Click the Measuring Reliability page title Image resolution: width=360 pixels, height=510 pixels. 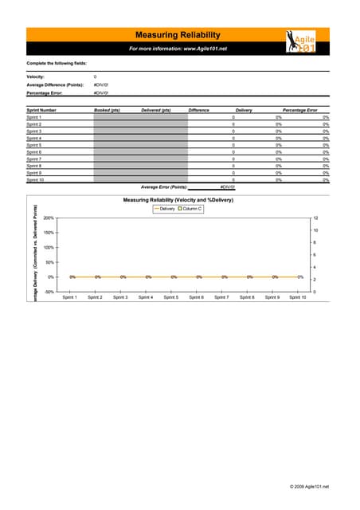point(178,35)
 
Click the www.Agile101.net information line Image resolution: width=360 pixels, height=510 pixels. point(178,49)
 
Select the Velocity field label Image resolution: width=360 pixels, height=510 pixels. point(37,76)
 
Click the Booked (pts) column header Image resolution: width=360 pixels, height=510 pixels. point(107,110)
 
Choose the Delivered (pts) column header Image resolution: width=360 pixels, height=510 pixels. point(155,110)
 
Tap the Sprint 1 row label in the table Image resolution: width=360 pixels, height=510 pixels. point(34,117)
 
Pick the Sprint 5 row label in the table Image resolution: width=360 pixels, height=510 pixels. point(34,145)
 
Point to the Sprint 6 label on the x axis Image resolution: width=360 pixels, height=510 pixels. point(196,297)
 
